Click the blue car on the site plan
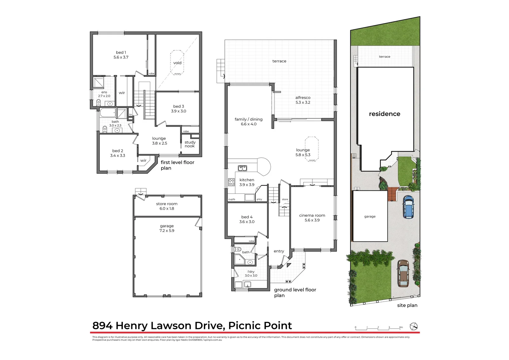(408, 207)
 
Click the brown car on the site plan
(403, 273)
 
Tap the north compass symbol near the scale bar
(413, 326)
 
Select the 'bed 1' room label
(121, 53)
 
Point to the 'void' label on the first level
(177, 63)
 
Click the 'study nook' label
(190, 144)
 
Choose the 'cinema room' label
(312, 215)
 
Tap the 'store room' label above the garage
(167, 204)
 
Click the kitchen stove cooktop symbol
(231, 182)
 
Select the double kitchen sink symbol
(242, 168)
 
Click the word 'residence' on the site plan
(384, 114)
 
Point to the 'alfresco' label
(303, 98)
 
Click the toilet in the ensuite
(98, 102)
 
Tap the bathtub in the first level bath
(108, 113)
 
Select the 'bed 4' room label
(247, 217)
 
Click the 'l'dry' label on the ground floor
(251, 272)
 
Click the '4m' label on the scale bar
(401, 327)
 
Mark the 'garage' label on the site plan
(370, 216)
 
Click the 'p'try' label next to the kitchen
(259, 199)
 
